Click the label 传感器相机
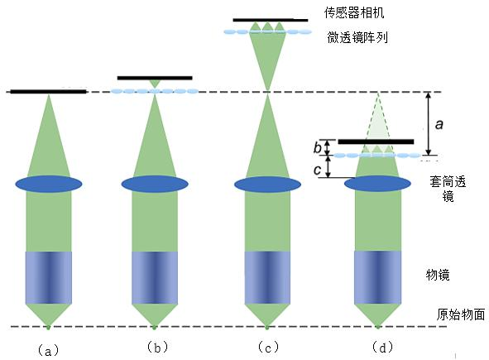click(x=354, y=12)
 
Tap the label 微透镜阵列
click(x=357, y=37)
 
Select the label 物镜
click(x=438, y=275)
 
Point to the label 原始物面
click(x=460, y=314)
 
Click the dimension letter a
click(x=439, y=124)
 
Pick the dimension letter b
click(x=318, y=147)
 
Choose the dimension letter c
click(x=318, y=170)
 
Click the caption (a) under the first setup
click(x=48, y=351)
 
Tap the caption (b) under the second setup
click(x=157, y=347)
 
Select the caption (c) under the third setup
click(x=268, y=347)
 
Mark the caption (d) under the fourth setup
click(x=382, y=347)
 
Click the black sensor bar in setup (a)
click(x=48, y=92)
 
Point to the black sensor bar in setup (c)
click(x=271, y=21)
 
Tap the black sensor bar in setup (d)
click(x=376, y=142)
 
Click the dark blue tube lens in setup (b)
click(x=155, y=184)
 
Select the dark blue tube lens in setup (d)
click(x=377, y=184)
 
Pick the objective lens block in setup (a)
click(x=49, y=277)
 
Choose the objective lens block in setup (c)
click(x=267, y=277)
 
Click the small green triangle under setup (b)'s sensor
click(x=155, y=84)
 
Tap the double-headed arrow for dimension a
click(x=429, y=123)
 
